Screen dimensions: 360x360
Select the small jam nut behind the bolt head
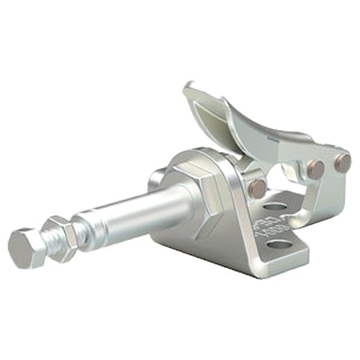coord(60,235)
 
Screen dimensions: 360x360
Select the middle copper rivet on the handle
coord(316,170)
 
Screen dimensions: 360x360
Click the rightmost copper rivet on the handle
coord(342,163)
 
